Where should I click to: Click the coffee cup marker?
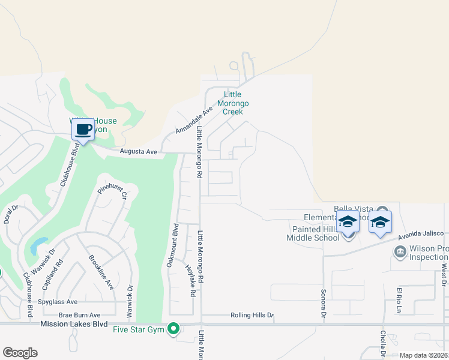[83, 129]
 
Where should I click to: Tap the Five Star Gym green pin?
[173, 328]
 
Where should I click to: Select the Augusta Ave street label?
[138, 152]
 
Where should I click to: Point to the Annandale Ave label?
[194, 121]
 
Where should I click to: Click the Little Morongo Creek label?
[232, 103]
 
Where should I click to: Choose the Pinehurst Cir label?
[113, 193]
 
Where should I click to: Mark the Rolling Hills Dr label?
[252, 315]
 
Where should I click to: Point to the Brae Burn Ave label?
[79, 315]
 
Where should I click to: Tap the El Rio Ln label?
[397, 300]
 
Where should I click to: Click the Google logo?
[20, 353]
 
